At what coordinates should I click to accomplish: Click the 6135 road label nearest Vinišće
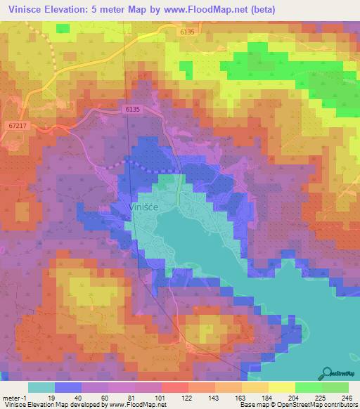[x=133, y=110]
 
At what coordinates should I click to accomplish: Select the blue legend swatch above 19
[x=68, y=387]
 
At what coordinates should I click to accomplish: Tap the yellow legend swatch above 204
[x=282, y=387]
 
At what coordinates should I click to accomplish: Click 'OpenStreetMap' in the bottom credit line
[x=294, y=405]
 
